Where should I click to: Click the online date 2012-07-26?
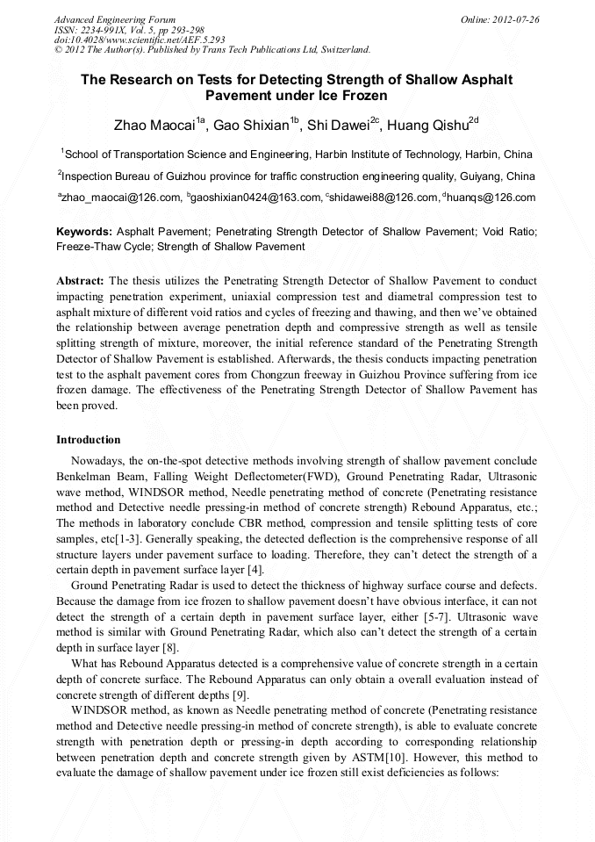click(x=513, y=19)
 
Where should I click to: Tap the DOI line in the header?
click(x=140, y=40)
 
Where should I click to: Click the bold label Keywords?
click(x=84, y=232)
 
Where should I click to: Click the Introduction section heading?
click(x=89, y=439)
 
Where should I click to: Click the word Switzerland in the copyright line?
click(x=344, y=50)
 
